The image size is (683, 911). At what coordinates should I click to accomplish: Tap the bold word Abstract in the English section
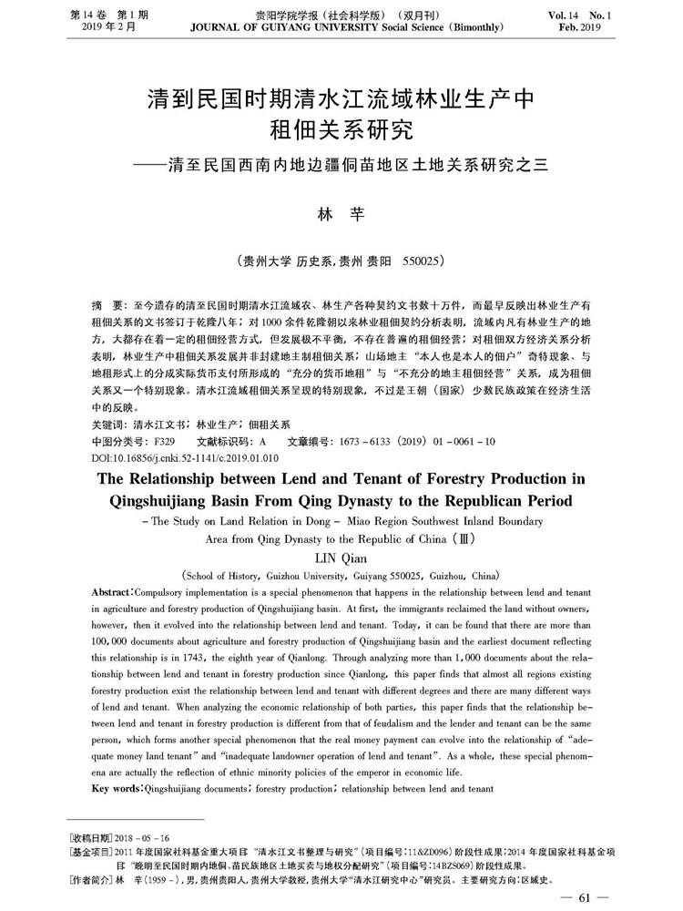tap(117, 593)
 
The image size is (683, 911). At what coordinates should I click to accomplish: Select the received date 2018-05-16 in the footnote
tap(148, 837)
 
